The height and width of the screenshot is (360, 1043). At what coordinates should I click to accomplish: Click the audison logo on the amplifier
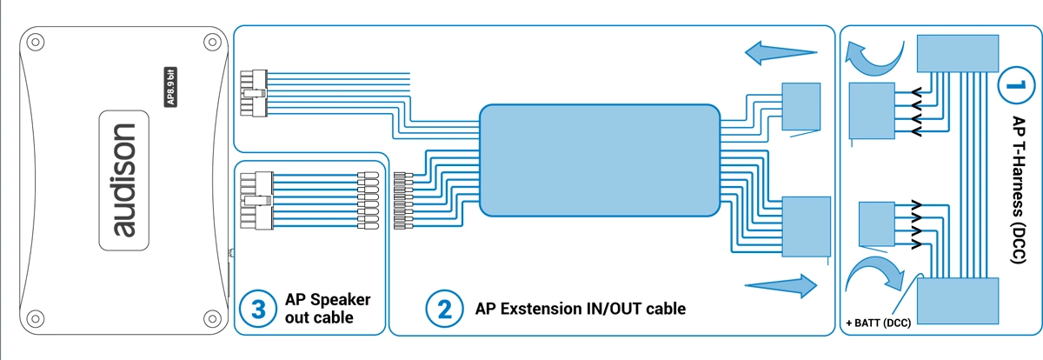click(x=123, y=180)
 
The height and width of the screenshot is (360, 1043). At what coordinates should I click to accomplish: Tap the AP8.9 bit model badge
click(x=170, y=87)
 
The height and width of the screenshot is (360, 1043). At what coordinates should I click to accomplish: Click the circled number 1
click(x=1016, y=85)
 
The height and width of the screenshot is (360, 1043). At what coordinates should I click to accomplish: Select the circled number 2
click(x=444, y=309)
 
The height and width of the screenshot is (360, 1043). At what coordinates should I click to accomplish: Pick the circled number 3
click(x=258, y=309)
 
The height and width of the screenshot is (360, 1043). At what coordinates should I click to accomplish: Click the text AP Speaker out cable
click(x=328, y=309)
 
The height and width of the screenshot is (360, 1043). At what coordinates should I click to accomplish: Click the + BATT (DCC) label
click(x=878, y=323)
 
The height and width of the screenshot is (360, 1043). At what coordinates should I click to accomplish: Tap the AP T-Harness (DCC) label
click(x=1019, y=190)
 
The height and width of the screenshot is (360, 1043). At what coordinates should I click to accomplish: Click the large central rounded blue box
click(x=600, y=160)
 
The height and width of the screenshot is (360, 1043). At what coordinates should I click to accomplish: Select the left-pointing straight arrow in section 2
click(x=781, y=53)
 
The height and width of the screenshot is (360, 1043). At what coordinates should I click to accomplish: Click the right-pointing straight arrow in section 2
click(x=781, y=285)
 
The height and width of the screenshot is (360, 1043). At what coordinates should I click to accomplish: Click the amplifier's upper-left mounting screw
click(x=36, y=43)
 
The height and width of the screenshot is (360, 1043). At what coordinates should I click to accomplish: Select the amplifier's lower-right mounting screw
click(x=212, y=319)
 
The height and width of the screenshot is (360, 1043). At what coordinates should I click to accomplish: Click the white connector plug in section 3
click(x=256, y=200)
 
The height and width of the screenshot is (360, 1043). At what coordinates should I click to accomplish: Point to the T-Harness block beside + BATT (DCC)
click(x=958, y=301)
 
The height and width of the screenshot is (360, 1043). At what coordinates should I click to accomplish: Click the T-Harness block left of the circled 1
click(x=958, y=54)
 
